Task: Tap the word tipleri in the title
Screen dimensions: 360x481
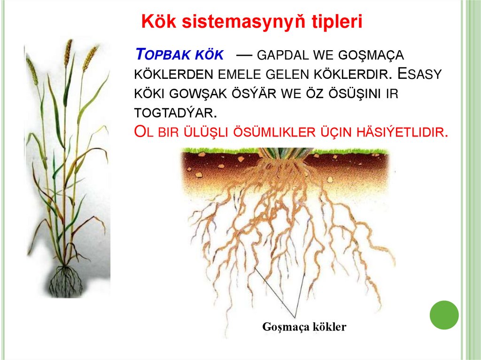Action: pos(337,22)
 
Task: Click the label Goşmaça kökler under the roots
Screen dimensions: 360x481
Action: pos(304,327)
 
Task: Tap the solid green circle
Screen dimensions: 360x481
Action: pos(444,314)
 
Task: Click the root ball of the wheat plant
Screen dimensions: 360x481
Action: pos(66,280)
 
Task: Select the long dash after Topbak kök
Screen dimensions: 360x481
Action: pos(245,54)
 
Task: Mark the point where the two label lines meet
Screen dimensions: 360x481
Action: pos(296,318)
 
